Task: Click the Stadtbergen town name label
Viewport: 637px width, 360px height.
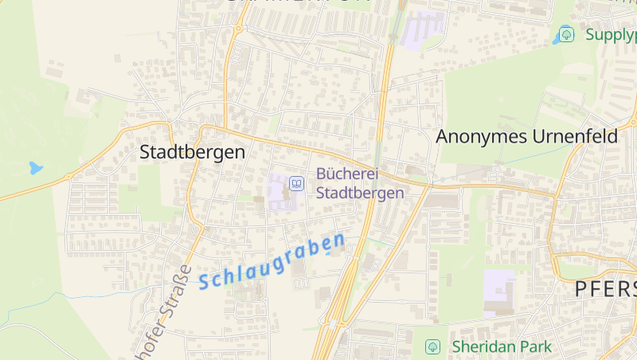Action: tap(192, 152)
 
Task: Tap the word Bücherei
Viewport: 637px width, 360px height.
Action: tap(346, 174)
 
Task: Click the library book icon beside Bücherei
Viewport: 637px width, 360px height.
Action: tap(296, 184)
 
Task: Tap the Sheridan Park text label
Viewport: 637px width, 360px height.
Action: tap(501, 347)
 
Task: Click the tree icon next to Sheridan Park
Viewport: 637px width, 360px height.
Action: tap(432, 347)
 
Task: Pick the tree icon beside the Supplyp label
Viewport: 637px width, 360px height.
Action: tap(566, 34)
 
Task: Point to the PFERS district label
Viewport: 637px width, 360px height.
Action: tap(605, 289)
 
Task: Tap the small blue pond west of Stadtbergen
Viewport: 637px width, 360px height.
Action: tap(35, 168)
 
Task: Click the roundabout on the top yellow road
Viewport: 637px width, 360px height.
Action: tap(237, 29)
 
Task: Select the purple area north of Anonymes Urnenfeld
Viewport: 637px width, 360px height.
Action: tap(423, 28)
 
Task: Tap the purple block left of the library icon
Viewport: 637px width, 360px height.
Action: tap(279, 191)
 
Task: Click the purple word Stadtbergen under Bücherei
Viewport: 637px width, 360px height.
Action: tap(360, 193)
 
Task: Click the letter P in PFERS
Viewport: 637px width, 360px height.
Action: tap(583, 289)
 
